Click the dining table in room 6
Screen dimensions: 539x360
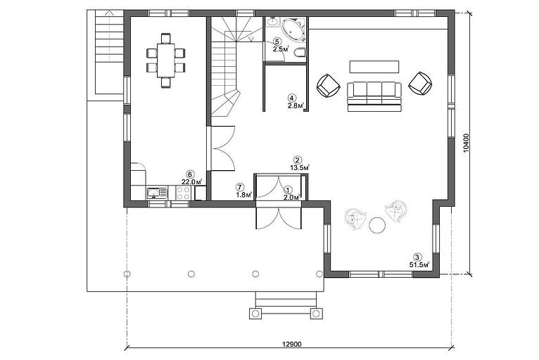click(x=166, y=60)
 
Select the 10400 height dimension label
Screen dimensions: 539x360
click(x=467, y=143)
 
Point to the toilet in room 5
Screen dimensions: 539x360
click(x=300, y=53)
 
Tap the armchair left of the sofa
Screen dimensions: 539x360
click(x=329, y=86)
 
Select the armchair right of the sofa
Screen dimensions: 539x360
click(x=420, y=84)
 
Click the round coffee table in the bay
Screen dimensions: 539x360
click(x=377, y=225)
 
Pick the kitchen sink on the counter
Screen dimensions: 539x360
click(x=157, y=193)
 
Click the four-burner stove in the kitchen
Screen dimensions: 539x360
click(x=183, y=193)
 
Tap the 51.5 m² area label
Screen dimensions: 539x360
click(x=419, y=265)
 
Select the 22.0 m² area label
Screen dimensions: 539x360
click(x=191, y=182)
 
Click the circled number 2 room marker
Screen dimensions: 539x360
click(x=298, y=160)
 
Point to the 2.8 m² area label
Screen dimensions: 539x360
click(x=296, y=106)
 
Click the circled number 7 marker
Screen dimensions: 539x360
click(x=240, y=188)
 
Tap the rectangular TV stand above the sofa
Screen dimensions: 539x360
click(x=374, y=67)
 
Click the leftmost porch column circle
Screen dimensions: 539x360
click(x=127, y=274)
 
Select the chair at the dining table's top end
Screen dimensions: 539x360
click(x=166, y=38)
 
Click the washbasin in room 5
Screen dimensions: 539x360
click(x=273, y=22)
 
